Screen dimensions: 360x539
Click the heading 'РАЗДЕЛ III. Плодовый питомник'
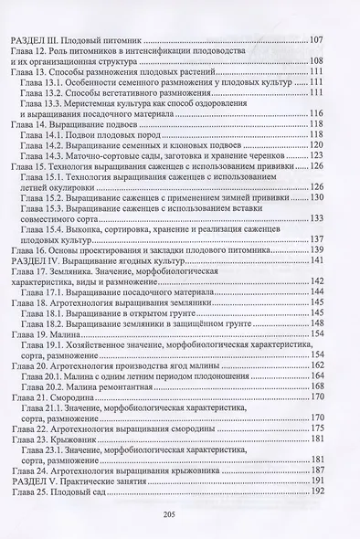pos(78,40)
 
